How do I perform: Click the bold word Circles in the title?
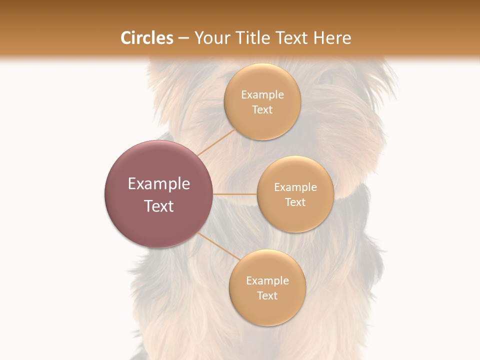click(x=147, y=38)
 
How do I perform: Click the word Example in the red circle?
click(x=159, y=184)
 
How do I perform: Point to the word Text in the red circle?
click(x=159, y=206)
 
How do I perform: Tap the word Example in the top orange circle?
click(x=262, y=95)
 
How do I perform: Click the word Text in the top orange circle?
click(x=262, y=110)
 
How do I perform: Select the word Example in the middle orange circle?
click(x=295, y=187)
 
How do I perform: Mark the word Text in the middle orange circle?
click(x=295, y=202)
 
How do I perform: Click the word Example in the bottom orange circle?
click(x=267, y=281)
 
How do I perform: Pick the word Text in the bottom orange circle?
click(x=267, y=296)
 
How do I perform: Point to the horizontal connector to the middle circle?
click(x=235, y=194)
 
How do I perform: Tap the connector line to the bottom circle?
click(x=218, y=246)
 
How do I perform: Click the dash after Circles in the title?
click(x=183, y=38)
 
